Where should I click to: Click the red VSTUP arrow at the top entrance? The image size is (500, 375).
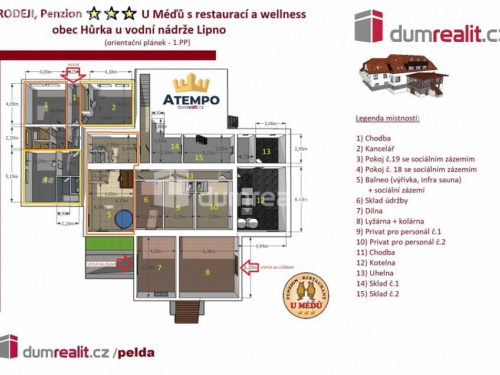[x=74, y=75]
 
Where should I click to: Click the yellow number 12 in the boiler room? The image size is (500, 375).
[x=259, y=200]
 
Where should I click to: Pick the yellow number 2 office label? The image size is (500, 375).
[x=114, y=107]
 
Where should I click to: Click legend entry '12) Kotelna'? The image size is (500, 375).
[x=375, y=262]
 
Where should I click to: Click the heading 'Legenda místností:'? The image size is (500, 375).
[x=387, y=118]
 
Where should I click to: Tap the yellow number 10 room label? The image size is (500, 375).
[x=213, y=206]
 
